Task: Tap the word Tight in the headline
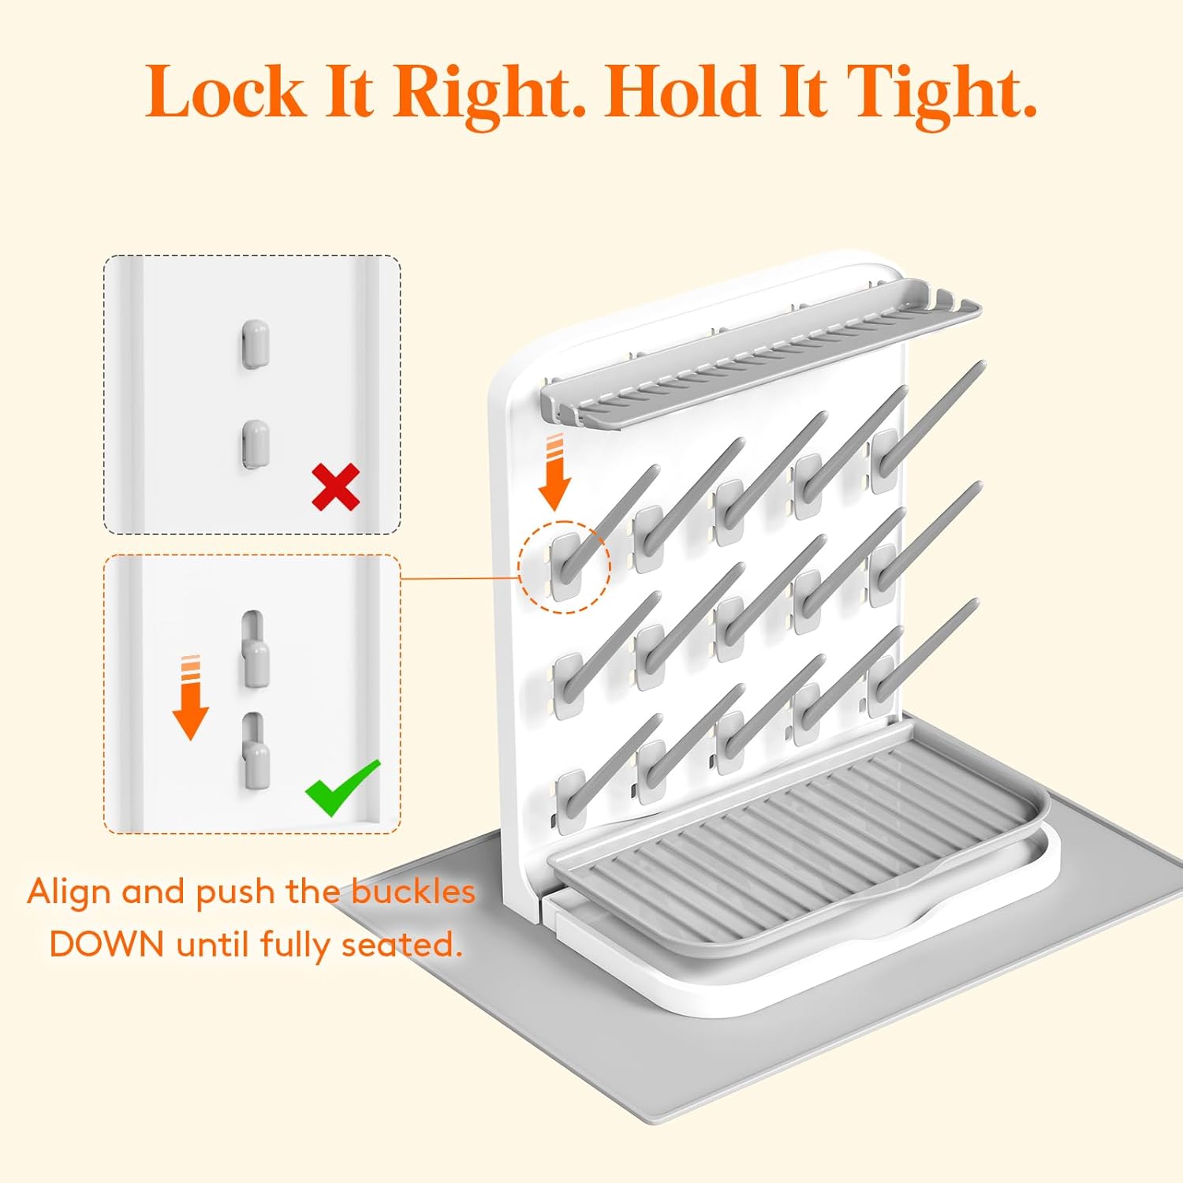(x=944, y=95)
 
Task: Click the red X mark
(x=336, y=487)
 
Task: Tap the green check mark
(x=342, y=787)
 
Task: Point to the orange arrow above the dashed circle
(x=554, y=472)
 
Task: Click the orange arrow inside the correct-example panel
(x=190, y=697)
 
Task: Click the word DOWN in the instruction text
(x=106, y=944)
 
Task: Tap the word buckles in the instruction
(x=413, y=891)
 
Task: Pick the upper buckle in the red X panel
(x=255, y=345)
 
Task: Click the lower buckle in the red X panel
(x=255, y=444)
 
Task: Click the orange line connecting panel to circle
(x=460, y=577)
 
